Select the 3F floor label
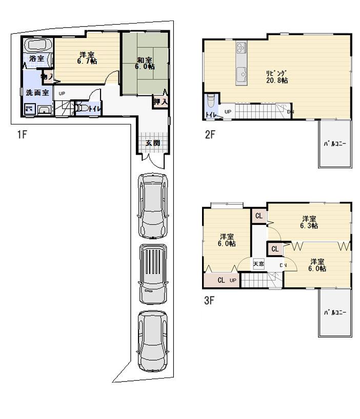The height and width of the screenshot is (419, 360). point(209,301)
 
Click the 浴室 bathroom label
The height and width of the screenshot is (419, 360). point(36,59)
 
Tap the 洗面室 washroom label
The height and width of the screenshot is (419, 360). point(37,93)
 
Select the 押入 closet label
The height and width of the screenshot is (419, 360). point(161,101)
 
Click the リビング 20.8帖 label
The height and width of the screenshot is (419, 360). point(276,77)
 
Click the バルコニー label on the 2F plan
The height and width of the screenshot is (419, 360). point(334,144)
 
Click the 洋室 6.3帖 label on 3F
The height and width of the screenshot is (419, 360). point(309,221)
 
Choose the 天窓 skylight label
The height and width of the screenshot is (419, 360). point(258,264)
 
